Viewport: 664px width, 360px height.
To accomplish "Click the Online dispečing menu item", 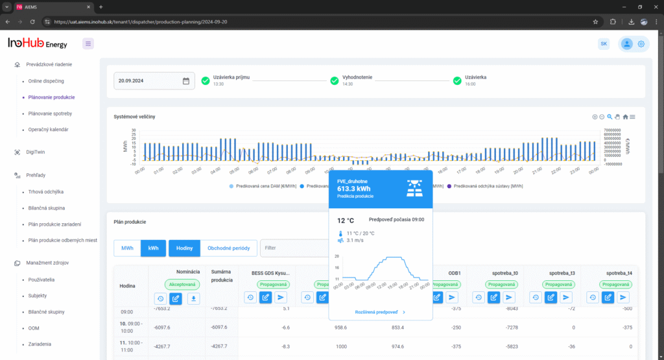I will [x=46, y=81].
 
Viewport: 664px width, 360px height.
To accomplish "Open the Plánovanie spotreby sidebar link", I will [x=50, y=114].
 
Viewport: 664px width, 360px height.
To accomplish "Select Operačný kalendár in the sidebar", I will [x=48, y=130].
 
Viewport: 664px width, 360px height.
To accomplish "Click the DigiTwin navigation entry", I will [x=36, y=152].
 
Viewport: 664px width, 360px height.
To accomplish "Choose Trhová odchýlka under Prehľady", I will [x=45, y=192].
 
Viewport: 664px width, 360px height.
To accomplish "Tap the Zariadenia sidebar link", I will [x=40, y=344].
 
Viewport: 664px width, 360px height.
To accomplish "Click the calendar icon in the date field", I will [x=186, y=81].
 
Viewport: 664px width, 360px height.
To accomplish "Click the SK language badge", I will [x=604, y=43].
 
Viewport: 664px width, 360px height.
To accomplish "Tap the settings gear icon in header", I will [x=641, y=44].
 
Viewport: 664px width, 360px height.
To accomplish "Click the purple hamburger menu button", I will [x=88, y=43].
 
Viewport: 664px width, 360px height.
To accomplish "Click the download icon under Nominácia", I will [x=193, y=298].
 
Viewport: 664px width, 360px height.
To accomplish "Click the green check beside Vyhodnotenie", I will [x=335, y=80].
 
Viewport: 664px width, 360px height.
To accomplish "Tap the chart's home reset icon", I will [x=625, y=117].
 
